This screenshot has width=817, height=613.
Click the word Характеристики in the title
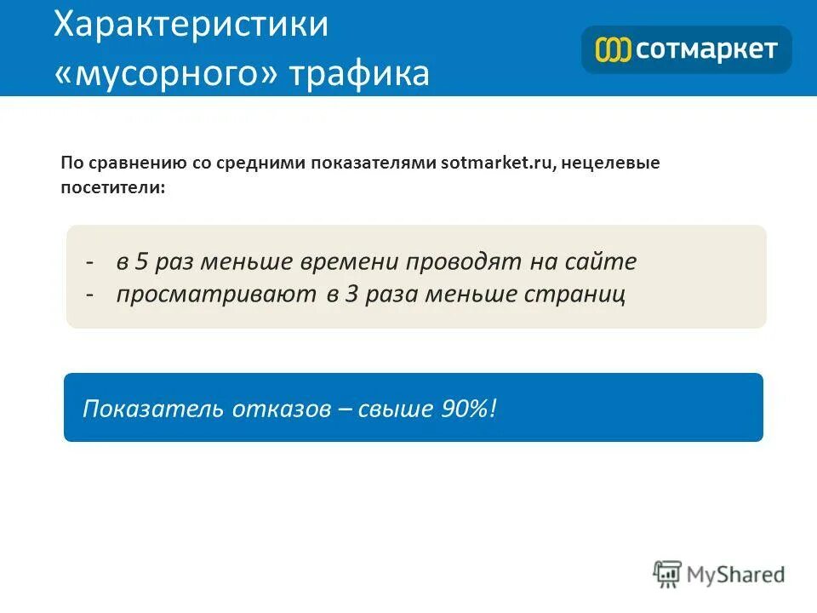191,25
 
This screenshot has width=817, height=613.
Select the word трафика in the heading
359,74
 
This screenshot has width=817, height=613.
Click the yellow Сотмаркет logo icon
612,49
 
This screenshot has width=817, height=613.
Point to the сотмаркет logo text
706,49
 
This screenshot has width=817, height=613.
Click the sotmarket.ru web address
497,163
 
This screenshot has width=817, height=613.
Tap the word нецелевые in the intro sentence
611,163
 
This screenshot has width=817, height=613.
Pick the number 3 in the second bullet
351,295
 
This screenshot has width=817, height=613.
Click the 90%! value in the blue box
467,409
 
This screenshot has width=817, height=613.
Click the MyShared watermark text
736,575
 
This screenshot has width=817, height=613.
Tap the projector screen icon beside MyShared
668,575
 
